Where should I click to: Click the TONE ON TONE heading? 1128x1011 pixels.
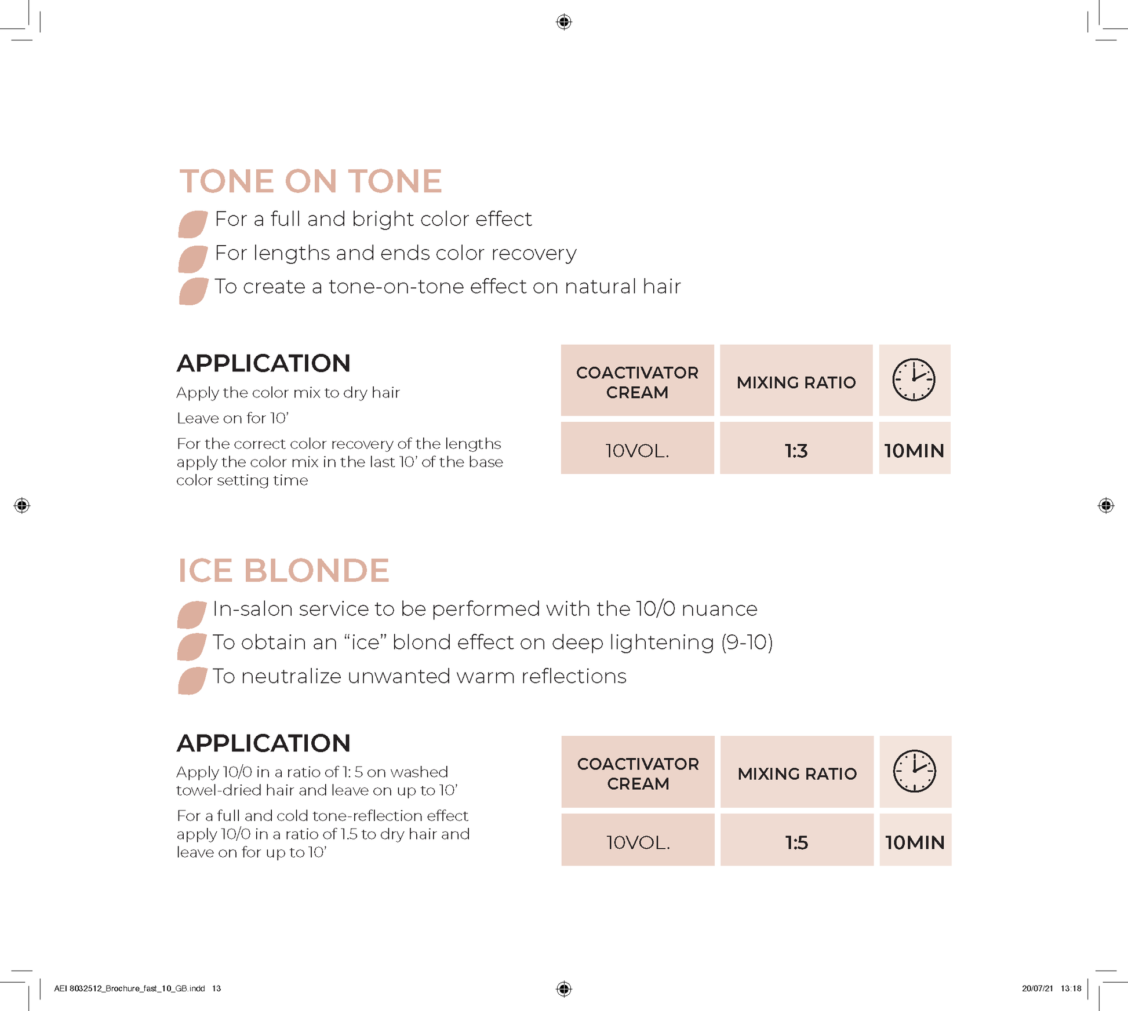pyautogui.click(x=311, y=181)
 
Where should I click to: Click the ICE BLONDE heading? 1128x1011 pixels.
pyautogui.click(x=283, y=571)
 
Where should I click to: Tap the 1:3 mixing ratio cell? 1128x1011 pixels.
pyautogui.click(x=796, y=451)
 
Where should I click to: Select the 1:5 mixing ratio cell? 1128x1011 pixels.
pyautogui.click(x=796, y=842)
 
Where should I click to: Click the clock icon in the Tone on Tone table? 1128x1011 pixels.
pyautogui.click(x=914, y=380)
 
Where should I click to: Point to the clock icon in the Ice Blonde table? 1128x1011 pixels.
pyautogui.click(x=914, y=771)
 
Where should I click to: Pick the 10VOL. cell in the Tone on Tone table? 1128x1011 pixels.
pyautogui.click(x=637, y=451)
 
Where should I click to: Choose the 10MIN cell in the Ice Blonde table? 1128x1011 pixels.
pyautogui.click(x=915, y=842)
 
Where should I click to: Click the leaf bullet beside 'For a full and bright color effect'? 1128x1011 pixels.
pyautogui.click(x=192, y=224)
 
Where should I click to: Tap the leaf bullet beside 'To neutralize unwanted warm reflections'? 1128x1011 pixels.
pyautogui.click(x=192, y=681)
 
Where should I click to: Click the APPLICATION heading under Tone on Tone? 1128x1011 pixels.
pyautogui.click(x=264, y=364)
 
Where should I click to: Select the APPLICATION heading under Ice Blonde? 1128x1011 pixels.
pyautogui.click(x=264, y=743)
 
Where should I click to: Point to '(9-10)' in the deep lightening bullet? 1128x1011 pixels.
pyautogui.click(x=747, y=643)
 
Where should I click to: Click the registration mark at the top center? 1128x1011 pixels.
pyautogui.click(x=564, y=22)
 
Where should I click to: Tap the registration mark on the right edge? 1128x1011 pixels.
pyautogui.click(x=1105, y=505)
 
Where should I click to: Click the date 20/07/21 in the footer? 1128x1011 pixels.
pyautogui.click(x=1037, y=988)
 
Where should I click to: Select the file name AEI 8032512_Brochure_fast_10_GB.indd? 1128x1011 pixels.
pyautogui.click(x=129, y=988)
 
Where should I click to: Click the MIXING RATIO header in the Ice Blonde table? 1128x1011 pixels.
pyautogui.click(x=797, y=773)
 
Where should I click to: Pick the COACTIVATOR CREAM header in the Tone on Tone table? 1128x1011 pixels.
pyautogui.click(x=637, y=382)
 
